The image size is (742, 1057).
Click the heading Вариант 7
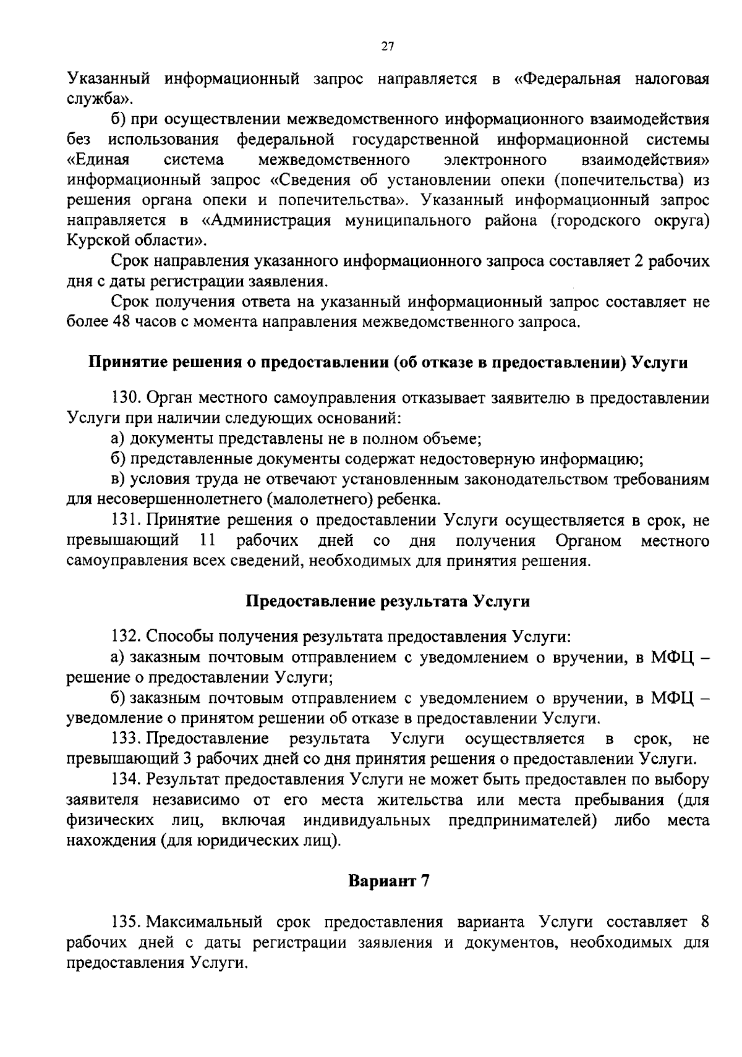[388, 880]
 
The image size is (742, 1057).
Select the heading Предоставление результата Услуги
[388, 601]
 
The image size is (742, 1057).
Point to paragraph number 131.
[127, 520]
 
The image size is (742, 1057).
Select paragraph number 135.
[127, 922]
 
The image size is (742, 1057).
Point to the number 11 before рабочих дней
[207, 541]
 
